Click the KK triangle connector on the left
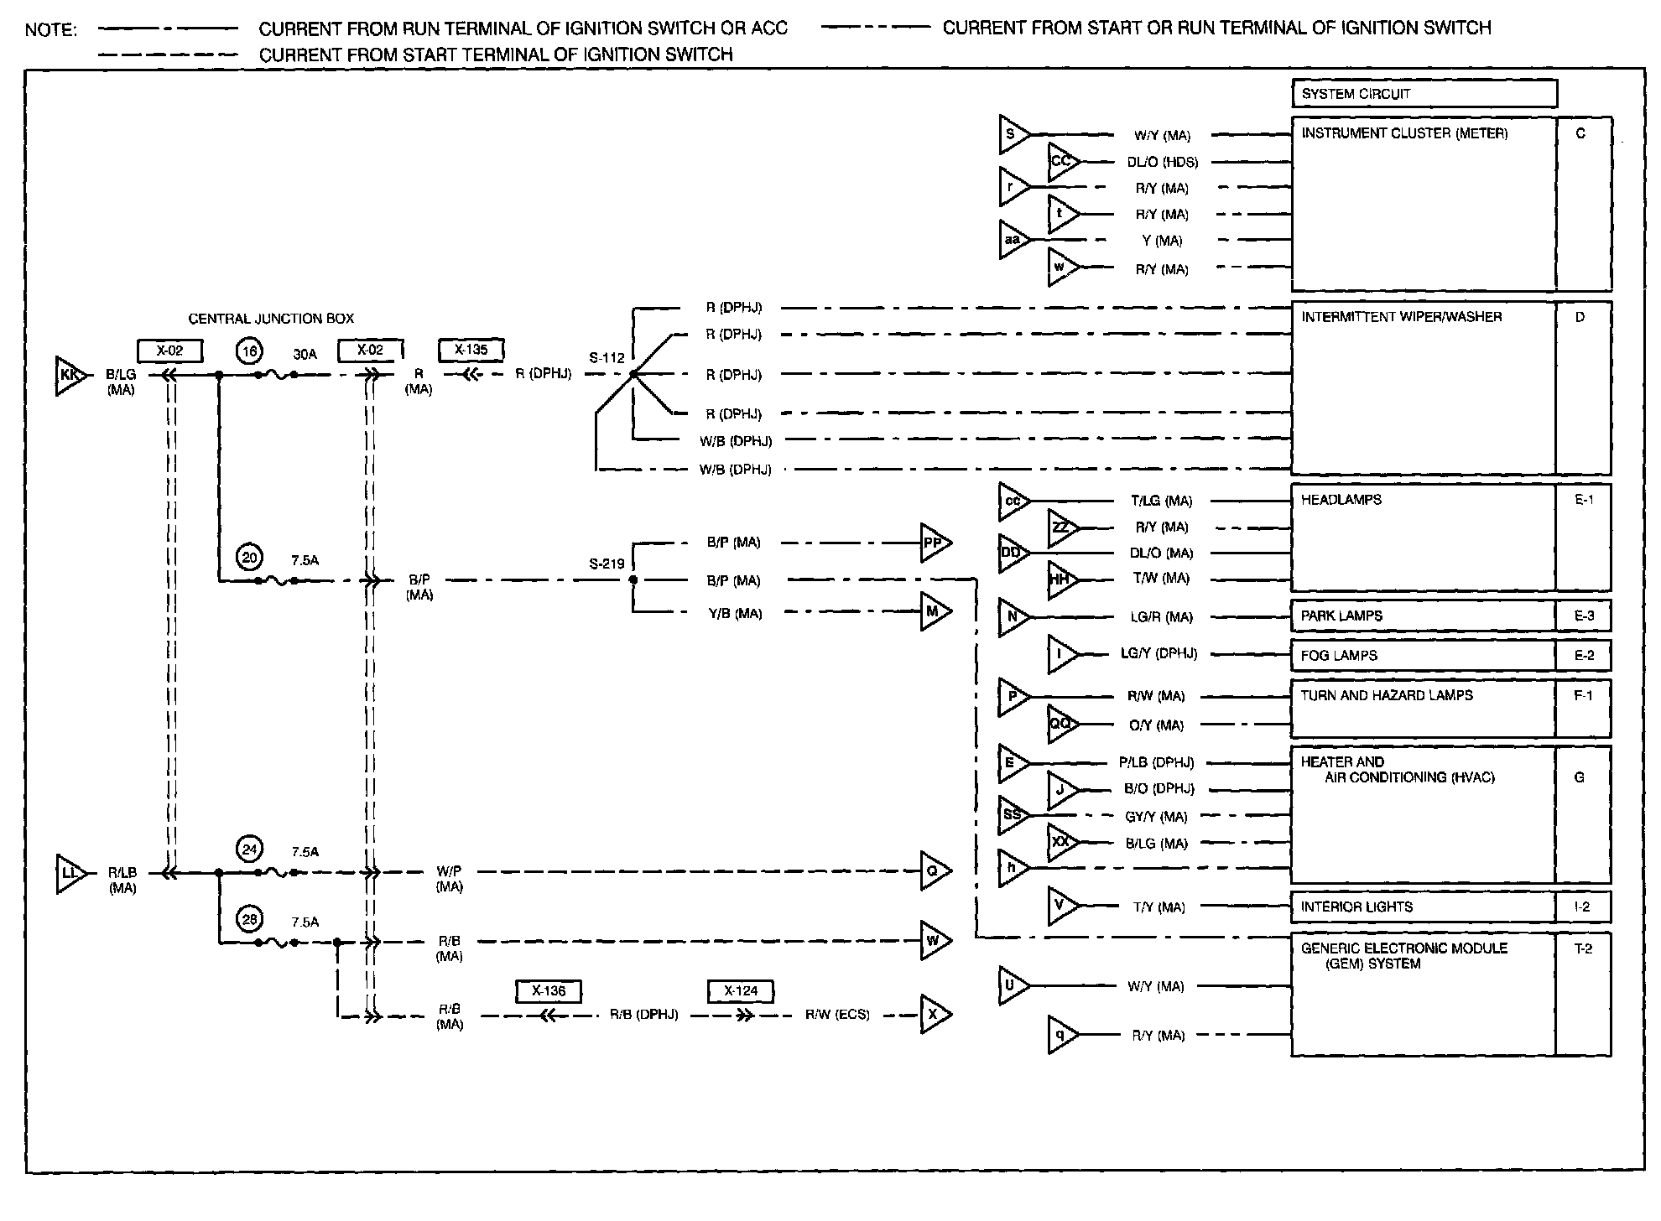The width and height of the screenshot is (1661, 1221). (x=69, y=376)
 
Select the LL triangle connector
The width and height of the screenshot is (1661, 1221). (x=70, y=874)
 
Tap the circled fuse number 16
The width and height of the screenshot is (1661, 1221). (x=249, y=351)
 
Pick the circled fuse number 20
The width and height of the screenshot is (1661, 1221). (x=249, y=557)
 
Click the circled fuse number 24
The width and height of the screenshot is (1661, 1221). (x=249, y=850)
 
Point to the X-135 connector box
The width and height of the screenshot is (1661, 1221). (x=471, y=350)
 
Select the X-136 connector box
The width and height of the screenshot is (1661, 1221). (x=549, y=991)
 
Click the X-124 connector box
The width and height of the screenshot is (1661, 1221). (x=741, y=991)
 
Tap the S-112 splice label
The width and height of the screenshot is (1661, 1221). (x=606, y=358)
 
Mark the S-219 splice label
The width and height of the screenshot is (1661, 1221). (x=606, y=564)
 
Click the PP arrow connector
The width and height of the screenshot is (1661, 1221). (x=935, y=543)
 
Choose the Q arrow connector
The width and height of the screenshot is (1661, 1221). (x=934, y=871)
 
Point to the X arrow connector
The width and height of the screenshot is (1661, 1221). (x=934, y=1015)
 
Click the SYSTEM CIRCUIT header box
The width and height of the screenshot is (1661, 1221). (x=1424, y=94)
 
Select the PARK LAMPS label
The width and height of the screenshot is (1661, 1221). (x=1341, y=616)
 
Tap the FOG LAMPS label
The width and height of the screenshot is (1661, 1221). (x=1339, y=656)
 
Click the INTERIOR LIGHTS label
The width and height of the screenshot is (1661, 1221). (x=1356, y=907)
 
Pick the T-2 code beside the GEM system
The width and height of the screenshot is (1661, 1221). (x=1582, y=948)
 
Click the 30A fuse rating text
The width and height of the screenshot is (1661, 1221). (x=305, y=355)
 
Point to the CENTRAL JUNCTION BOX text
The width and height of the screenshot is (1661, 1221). (x=270, y=319)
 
